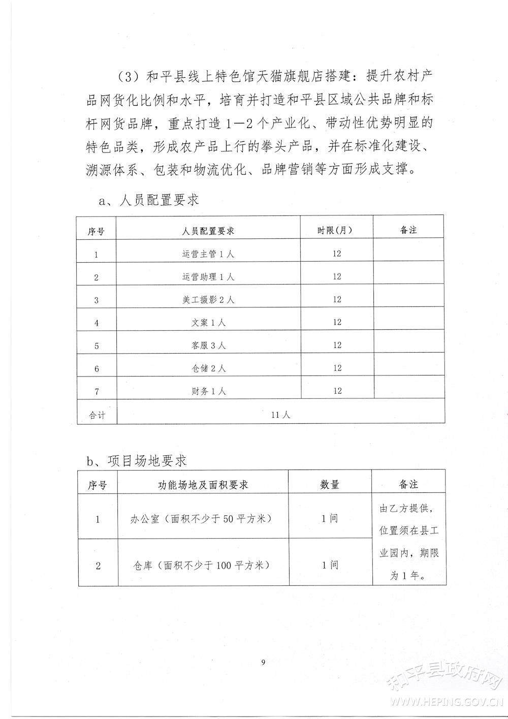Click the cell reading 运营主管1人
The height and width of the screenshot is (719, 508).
(x=208, y=254)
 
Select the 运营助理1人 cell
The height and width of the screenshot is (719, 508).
(x=208, y=277)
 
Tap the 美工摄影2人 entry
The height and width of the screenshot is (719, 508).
(x=208, y=300)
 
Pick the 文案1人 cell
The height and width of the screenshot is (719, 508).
(x=208, y=323)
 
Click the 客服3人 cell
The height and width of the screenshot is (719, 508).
(x=208, y=346)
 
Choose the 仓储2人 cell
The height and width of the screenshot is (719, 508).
(x=208, y=368)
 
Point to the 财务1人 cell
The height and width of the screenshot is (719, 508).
(x=208, y=391)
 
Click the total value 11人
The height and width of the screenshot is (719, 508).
(x=280, y=415)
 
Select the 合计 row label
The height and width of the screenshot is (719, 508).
(x=97, y=415)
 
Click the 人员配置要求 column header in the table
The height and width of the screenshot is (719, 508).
(x=208, y=231)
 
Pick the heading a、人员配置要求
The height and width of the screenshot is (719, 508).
(x=148, y=200)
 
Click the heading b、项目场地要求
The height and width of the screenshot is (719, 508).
(x=138, y=461)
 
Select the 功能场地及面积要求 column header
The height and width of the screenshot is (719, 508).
(x=203, y=485)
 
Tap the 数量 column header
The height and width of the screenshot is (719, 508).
(x=329, y=484)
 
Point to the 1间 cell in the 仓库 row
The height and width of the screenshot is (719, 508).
(x=329, y=565)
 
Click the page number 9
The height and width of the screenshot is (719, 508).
(x=263, y=662)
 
